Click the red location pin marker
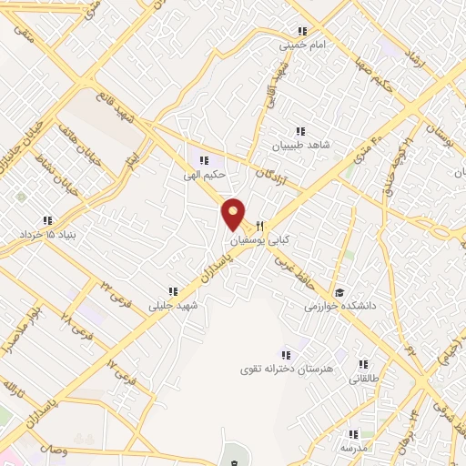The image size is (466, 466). tap(234, 214)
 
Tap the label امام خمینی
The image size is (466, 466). tap(301, 43)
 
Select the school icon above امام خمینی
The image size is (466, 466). tap(301, 30)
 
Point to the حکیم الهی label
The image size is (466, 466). tap(204, 173)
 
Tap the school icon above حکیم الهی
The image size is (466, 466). tap(204, 160)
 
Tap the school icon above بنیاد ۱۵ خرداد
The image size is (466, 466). tap(46, 220)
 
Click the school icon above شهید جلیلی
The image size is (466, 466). tap(172, 292)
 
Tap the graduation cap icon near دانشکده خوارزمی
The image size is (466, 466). tap(339, 293)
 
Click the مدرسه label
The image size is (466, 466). tap(352, 448)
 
